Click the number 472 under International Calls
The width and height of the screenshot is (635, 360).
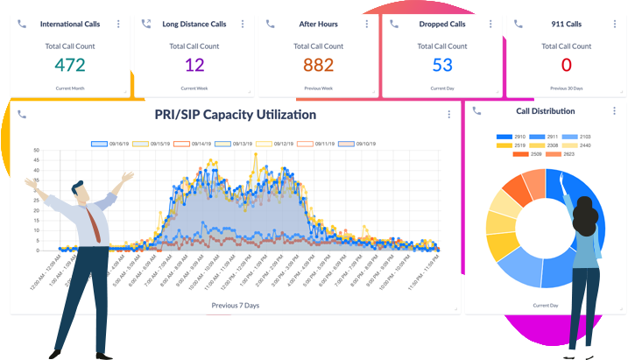click(69, 64)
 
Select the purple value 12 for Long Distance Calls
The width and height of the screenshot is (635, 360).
click(194, 64)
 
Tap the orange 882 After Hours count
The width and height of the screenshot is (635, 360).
click(318, 64)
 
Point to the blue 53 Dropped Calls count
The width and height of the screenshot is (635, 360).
click(442, 64)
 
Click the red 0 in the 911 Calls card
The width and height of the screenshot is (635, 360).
click(566, 64)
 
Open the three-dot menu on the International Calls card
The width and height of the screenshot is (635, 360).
click(118, 24)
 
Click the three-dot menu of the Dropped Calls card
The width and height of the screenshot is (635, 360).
click(490, 24)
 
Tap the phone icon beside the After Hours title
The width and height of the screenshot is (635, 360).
click(270, 24)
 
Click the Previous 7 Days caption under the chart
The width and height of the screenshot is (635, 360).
click(236, 306)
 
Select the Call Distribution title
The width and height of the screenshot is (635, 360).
click(546, 111)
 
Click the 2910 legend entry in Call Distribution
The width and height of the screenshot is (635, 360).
click(512, 138)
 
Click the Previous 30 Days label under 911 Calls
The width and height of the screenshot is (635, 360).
click(566, 88)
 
